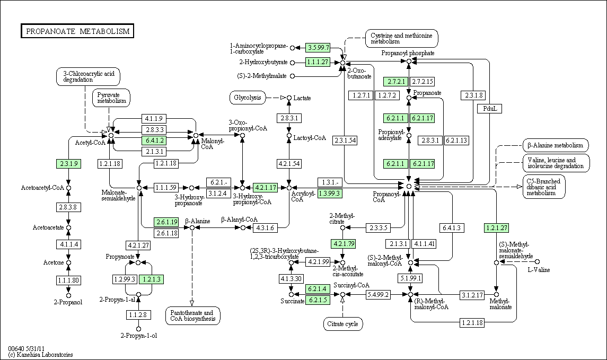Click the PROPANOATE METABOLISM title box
coord(77,31)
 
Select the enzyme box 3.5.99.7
coord(318,48)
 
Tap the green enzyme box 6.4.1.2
coord(153,141)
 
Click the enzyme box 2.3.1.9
coord(68,164)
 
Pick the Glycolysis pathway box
coord(248,98)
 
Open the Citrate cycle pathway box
coord(342,323)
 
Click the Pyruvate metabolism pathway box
coord(111,98)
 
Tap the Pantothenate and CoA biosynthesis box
coord(192,316)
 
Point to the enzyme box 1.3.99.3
coord(329,194)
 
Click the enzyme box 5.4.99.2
coord(377,294)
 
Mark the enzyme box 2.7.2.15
coord(423,81)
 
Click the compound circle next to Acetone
coord(68,262)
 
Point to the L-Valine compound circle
coord(537,262)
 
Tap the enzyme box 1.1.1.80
coord(68,279)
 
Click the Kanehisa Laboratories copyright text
coord(40,355)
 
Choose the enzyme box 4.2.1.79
coord(342,244)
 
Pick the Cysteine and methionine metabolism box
coord(401,38)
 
